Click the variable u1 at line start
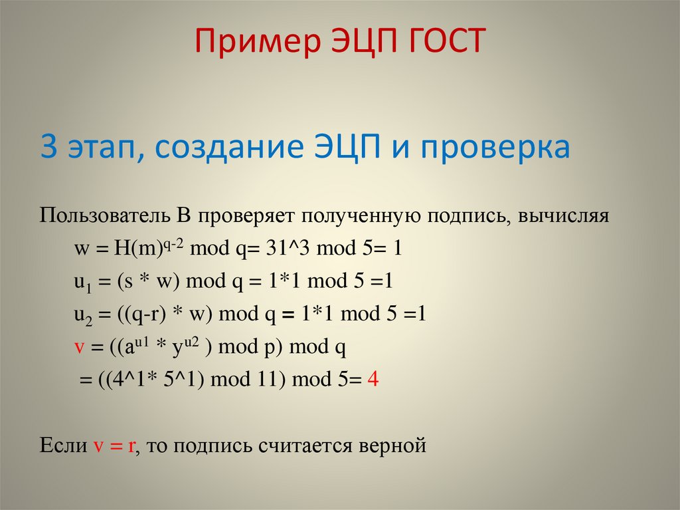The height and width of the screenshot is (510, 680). click(x=81, y=282)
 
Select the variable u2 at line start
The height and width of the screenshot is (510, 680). click(x=81, y=315)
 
